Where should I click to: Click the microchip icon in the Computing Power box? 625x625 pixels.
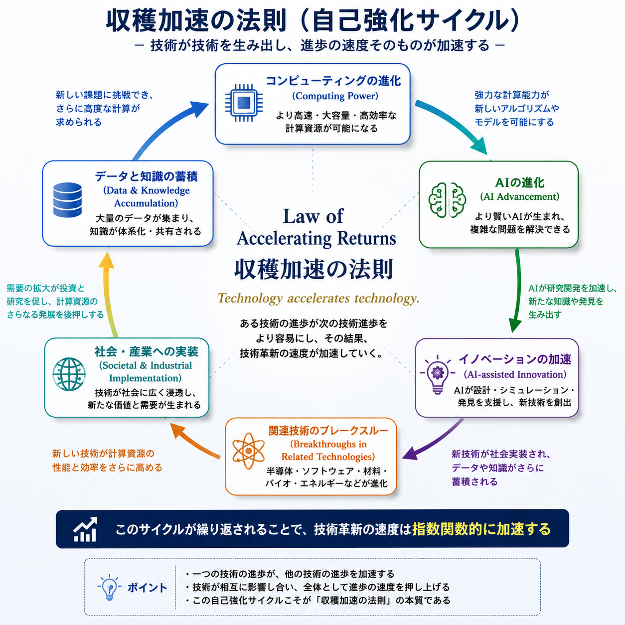(244, 103)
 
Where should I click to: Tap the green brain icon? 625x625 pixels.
(447, 200)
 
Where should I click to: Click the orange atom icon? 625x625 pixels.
(248, 451)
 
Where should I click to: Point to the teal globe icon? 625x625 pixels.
(69, 374)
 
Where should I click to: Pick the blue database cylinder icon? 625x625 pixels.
(67, 200)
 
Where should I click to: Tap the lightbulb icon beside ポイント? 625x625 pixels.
(109, 588)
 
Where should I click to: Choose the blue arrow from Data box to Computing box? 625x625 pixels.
(165, 127)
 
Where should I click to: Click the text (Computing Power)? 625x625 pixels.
(335, 96)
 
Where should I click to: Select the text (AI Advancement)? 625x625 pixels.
(520, 196)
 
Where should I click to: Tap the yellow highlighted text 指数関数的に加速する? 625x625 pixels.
(481, 529)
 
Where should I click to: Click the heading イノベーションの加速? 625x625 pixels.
(515, 359)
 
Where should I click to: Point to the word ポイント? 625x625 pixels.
(147, 588)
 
